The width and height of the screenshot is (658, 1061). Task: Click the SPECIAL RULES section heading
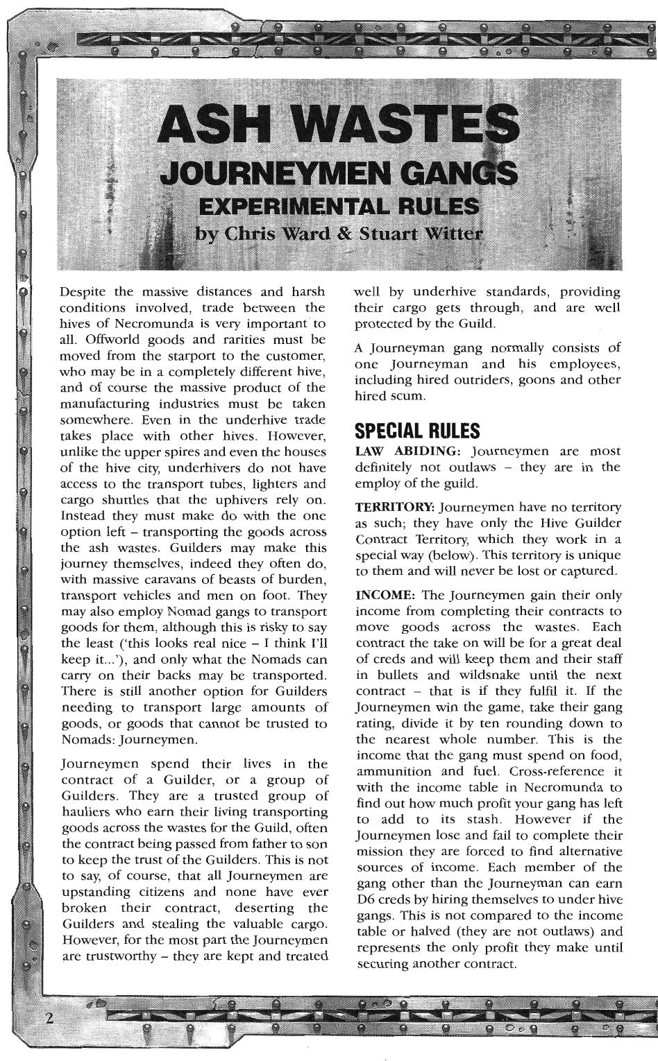click(417, 431)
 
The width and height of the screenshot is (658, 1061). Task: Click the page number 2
click(49, 1017)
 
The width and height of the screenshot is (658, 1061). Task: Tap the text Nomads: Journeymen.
click(119, 739)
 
